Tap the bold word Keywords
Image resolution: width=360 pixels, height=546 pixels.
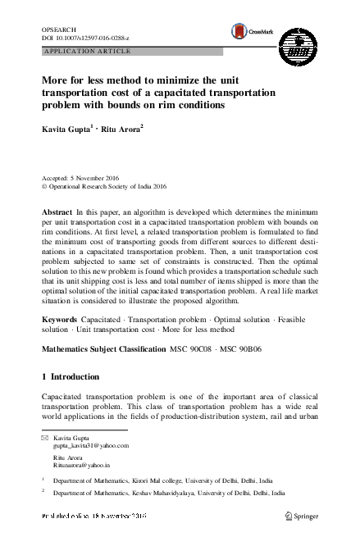pos(59,317)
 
